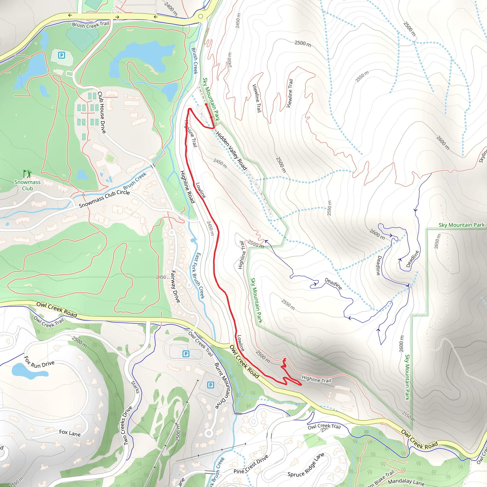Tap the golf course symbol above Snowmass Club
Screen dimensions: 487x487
click(x=27, y=174)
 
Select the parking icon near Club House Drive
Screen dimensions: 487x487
click(x=62, y=55)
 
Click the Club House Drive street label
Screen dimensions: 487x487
click(x=102, y=112)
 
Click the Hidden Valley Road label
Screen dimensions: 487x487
click(x=231, y=151)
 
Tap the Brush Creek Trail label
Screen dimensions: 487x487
click(x=91, y=25)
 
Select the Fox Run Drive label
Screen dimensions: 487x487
click(x=39, y=362)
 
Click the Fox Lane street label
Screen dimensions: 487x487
click(x=70, y=433)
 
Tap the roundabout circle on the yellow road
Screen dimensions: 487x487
click(x=201, y=16)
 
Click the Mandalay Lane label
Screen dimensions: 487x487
click(x=406, y=482)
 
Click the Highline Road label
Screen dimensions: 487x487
click(x=187, y=187)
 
